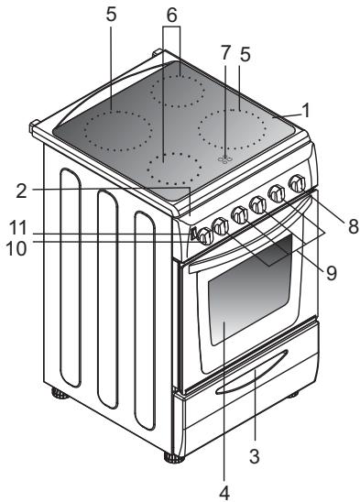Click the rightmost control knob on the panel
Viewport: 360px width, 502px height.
[x=296, y=185]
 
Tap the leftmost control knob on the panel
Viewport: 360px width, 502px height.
[x=203, y=236]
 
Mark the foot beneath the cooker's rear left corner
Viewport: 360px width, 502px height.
[x=60, y=396]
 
